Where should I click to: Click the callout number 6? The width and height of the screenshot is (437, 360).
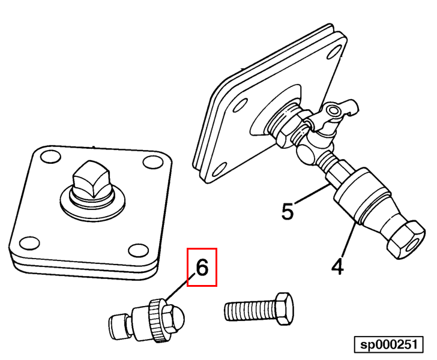coord(202,268)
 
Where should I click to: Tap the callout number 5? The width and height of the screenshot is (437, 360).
coord(288,211)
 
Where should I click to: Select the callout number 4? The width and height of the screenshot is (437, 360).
coord(337,265)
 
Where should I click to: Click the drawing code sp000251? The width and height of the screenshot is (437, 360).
coord(388,345)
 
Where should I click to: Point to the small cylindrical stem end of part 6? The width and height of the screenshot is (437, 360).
coord(118,327)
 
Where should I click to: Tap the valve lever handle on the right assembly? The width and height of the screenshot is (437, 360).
coord(340,111)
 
